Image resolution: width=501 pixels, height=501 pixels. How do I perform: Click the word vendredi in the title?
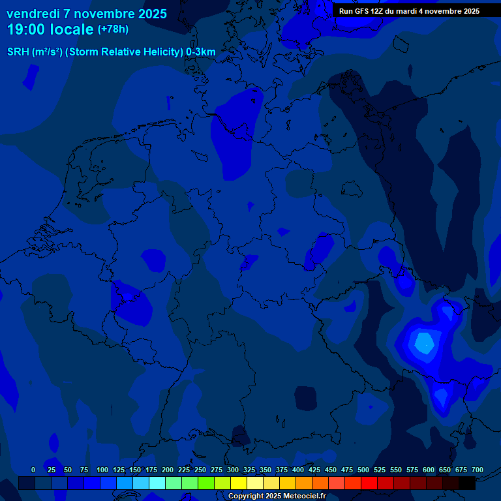coord(33,14)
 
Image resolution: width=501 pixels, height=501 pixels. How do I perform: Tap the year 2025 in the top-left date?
coord(148,14)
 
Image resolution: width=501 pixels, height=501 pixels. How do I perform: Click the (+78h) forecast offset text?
coord(113,29)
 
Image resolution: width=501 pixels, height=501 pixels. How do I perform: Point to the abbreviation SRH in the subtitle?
coord(18,52)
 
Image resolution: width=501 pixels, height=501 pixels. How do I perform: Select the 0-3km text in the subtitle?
coord(201,52)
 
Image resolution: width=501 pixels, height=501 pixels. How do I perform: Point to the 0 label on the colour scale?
coord(33,470)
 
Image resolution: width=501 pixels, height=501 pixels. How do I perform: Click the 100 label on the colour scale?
coord(102,470)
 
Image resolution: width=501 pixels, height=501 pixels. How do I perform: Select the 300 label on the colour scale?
coord(233,470)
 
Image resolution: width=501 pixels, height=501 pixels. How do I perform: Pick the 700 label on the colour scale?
coord(477,470)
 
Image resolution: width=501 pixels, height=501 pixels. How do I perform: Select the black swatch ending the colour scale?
coord(467,483)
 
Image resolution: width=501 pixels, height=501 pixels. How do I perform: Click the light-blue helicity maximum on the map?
coord(425,342)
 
